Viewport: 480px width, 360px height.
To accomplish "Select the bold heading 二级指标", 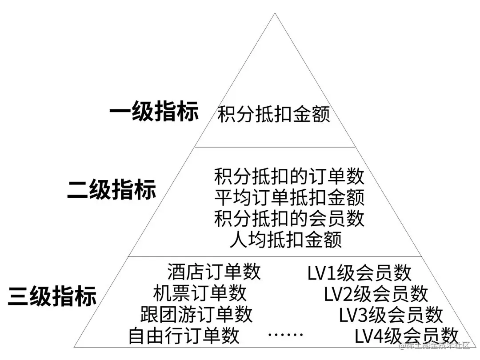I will [x=112, y=189].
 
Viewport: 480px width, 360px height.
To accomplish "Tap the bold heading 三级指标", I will [x=52, y=296].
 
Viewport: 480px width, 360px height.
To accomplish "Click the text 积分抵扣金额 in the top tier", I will [x=274, y=114].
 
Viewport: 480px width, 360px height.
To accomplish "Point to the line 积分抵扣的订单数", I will [x=289, y=176].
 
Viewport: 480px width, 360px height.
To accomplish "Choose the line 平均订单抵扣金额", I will [x=289, y=197].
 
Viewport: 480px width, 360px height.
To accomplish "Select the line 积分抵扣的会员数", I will [x=289, y=218].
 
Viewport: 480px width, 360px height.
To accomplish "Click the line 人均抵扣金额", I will [x=286, y=240].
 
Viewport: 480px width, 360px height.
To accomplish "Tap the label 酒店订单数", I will [x=214, y=272].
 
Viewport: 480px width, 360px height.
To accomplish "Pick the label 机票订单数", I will [x=200, y=293].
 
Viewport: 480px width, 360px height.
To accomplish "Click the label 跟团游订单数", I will [x=196, y=314].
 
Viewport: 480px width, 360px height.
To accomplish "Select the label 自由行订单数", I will [x=184, y=335].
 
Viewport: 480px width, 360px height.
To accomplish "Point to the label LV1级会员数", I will [x=359, y=273].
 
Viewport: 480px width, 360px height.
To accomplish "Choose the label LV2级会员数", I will [x=376, y=294].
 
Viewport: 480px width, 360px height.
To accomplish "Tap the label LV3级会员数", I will [x=391, y=315].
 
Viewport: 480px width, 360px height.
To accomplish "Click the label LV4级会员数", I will [x=406, y=336].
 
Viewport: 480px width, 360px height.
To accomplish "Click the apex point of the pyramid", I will [x=275, y=14].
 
